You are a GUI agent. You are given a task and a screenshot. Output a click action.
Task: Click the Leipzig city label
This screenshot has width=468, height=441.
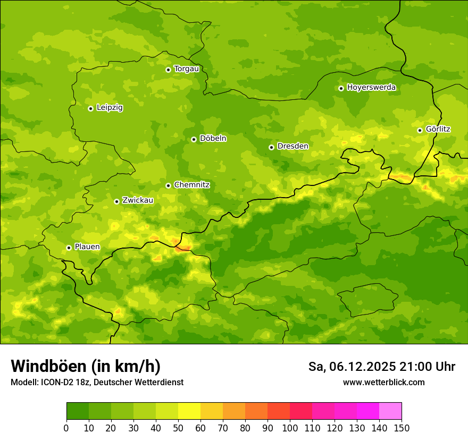tap(110, 107)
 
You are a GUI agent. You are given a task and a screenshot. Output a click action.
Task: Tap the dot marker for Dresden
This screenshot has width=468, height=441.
tap(271, 147)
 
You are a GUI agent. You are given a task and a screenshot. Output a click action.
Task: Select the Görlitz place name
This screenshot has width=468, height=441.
tap(438, 129)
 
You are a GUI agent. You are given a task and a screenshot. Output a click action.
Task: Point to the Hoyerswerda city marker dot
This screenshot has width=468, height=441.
tap(341, 88)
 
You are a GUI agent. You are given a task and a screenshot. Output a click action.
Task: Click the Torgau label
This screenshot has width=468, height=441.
tap(186, 69)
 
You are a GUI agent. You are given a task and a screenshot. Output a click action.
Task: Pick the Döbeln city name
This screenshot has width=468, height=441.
tap(213, 138)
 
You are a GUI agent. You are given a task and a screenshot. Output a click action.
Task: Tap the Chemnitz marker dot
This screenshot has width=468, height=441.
tap(168, 185)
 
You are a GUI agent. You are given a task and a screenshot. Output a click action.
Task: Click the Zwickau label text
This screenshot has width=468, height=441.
tap(138, 200)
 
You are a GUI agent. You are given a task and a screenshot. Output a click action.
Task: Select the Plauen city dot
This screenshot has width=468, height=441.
tap(69, 248)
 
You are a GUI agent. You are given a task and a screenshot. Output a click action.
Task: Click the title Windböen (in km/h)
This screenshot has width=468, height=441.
tap(86, 366)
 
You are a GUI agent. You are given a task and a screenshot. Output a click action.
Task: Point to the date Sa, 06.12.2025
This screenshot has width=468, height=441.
tap(352, 367)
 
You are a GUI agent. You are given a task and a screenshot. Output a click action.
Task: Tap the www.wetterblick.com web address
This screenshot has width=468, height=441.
tap(383, 382)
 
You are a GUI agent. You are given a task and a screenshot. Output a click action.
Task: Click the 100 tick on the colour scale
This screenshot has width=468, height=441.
tap(289, 428)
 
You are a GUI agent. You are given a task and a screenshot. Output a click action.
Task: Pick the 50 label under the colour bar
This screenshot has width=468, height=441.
tap(178, 428)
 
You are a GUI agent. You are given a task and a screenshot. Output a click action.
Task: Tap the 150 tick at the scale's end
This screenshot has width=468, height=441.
tap(401, 428)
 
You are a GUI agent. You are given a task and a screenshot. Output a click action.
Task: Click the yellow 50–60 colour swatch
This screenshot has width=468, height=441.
tap(189, 411)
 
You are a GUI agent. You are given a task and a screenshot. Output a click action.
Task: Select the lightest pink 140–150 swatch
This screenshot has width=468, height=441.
tap(390, 411)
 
